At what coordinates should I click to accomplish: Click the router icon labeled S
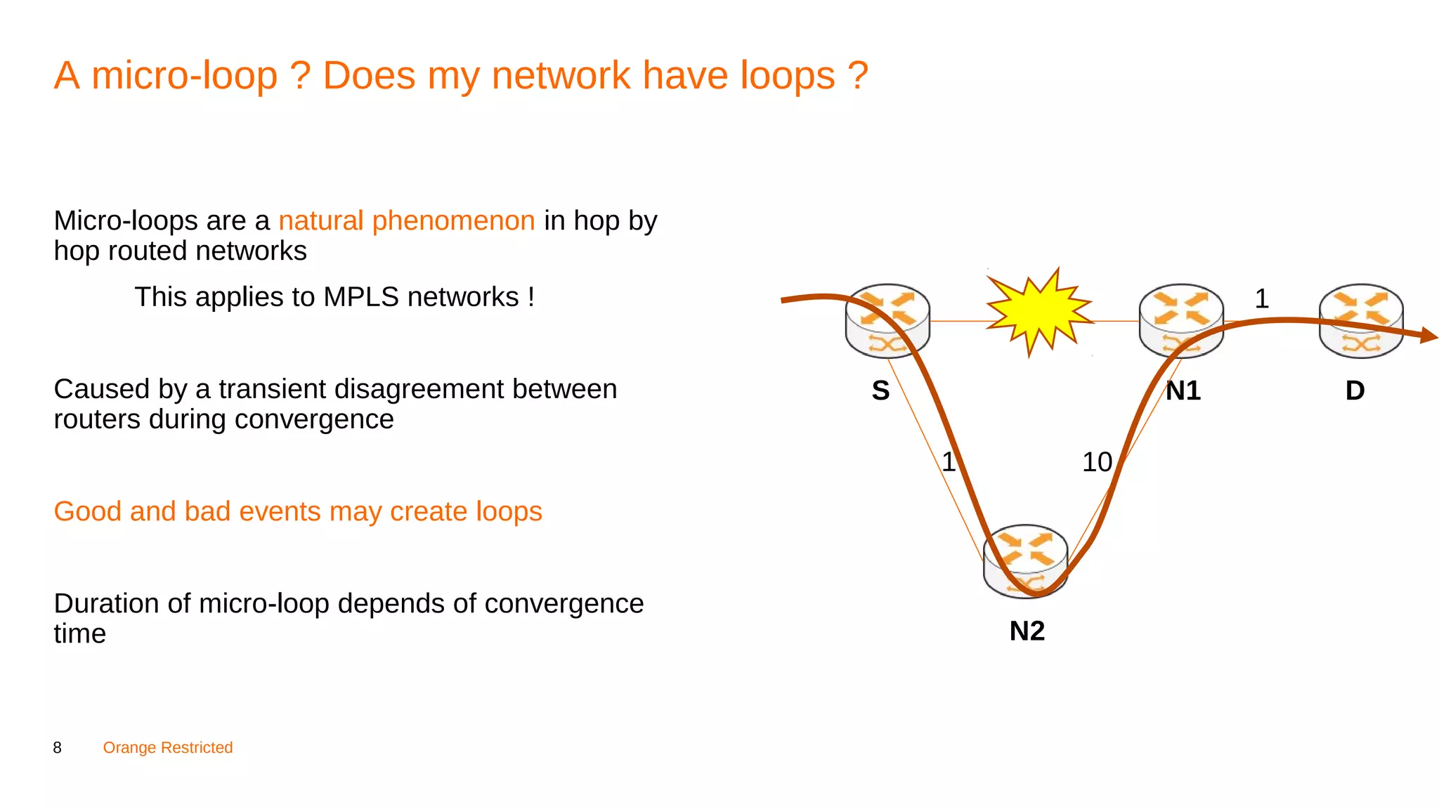point(887,321)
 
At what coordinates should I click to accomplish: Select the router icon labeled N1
point(1181,321)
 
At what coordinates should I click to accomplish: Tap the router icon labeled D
point(1361,321)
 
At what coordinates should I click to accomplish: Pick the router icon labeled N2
point(1026,561)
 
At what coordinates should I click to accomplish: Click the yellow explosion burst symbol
point(1039,312)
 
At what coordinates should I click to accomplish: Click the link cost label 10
point(1097,462)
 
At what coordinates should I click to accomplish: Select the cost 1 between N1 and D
point(1262,299)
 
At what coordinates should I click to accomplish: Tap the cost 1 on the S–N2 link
point(949,462)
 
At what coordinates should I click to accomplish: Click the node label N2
point(1027,631)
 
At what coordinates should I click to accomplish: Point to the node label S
point(880,390)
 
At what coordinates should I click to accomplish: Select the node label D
point(1355,390)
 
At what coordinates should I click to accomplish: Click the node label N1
point(1183,390)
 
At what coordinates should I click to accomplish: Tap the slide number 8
point(58,748)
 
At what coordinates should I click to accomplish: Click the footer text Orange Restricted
point(168,748)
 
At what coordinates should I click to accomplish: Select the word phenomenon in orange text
point(453,221)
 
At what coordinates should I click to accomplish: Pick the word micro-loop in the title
point(185,76)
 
